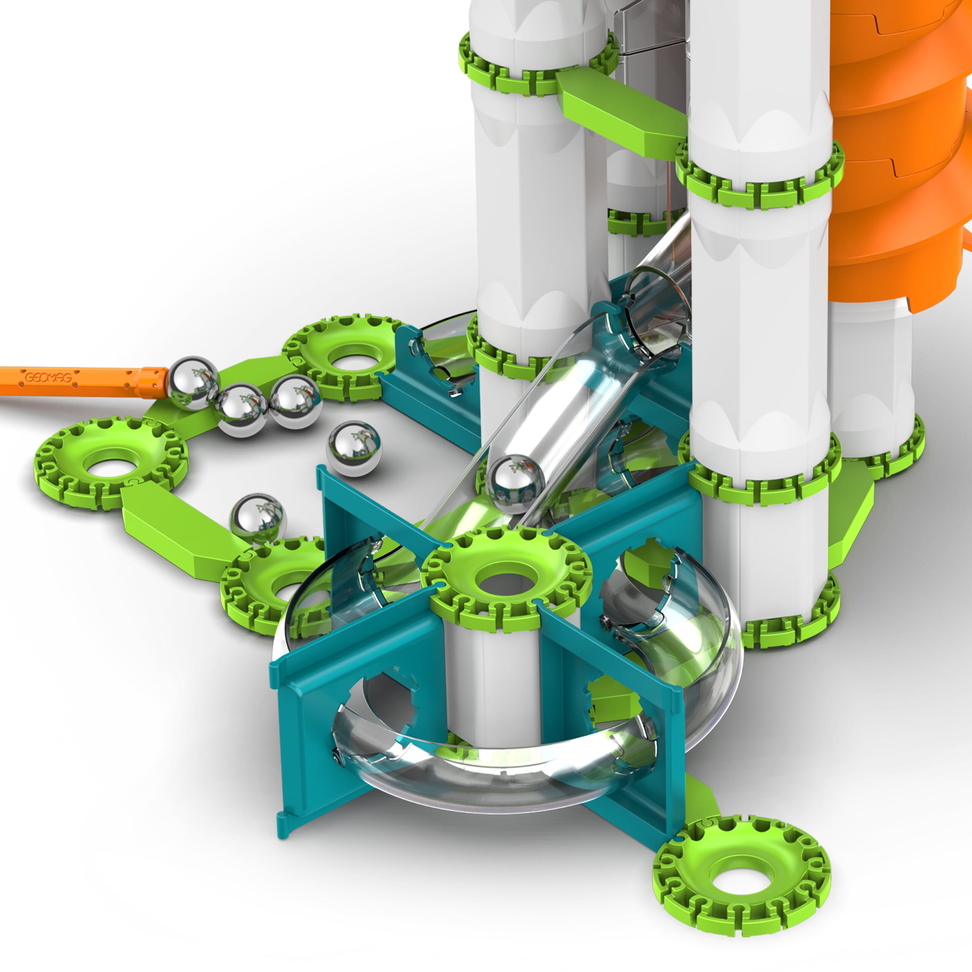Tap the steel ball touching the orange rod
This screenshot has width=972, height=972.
pos(193,383)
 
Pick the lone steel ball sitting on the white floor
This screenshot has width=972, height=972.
pos(354,449)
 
